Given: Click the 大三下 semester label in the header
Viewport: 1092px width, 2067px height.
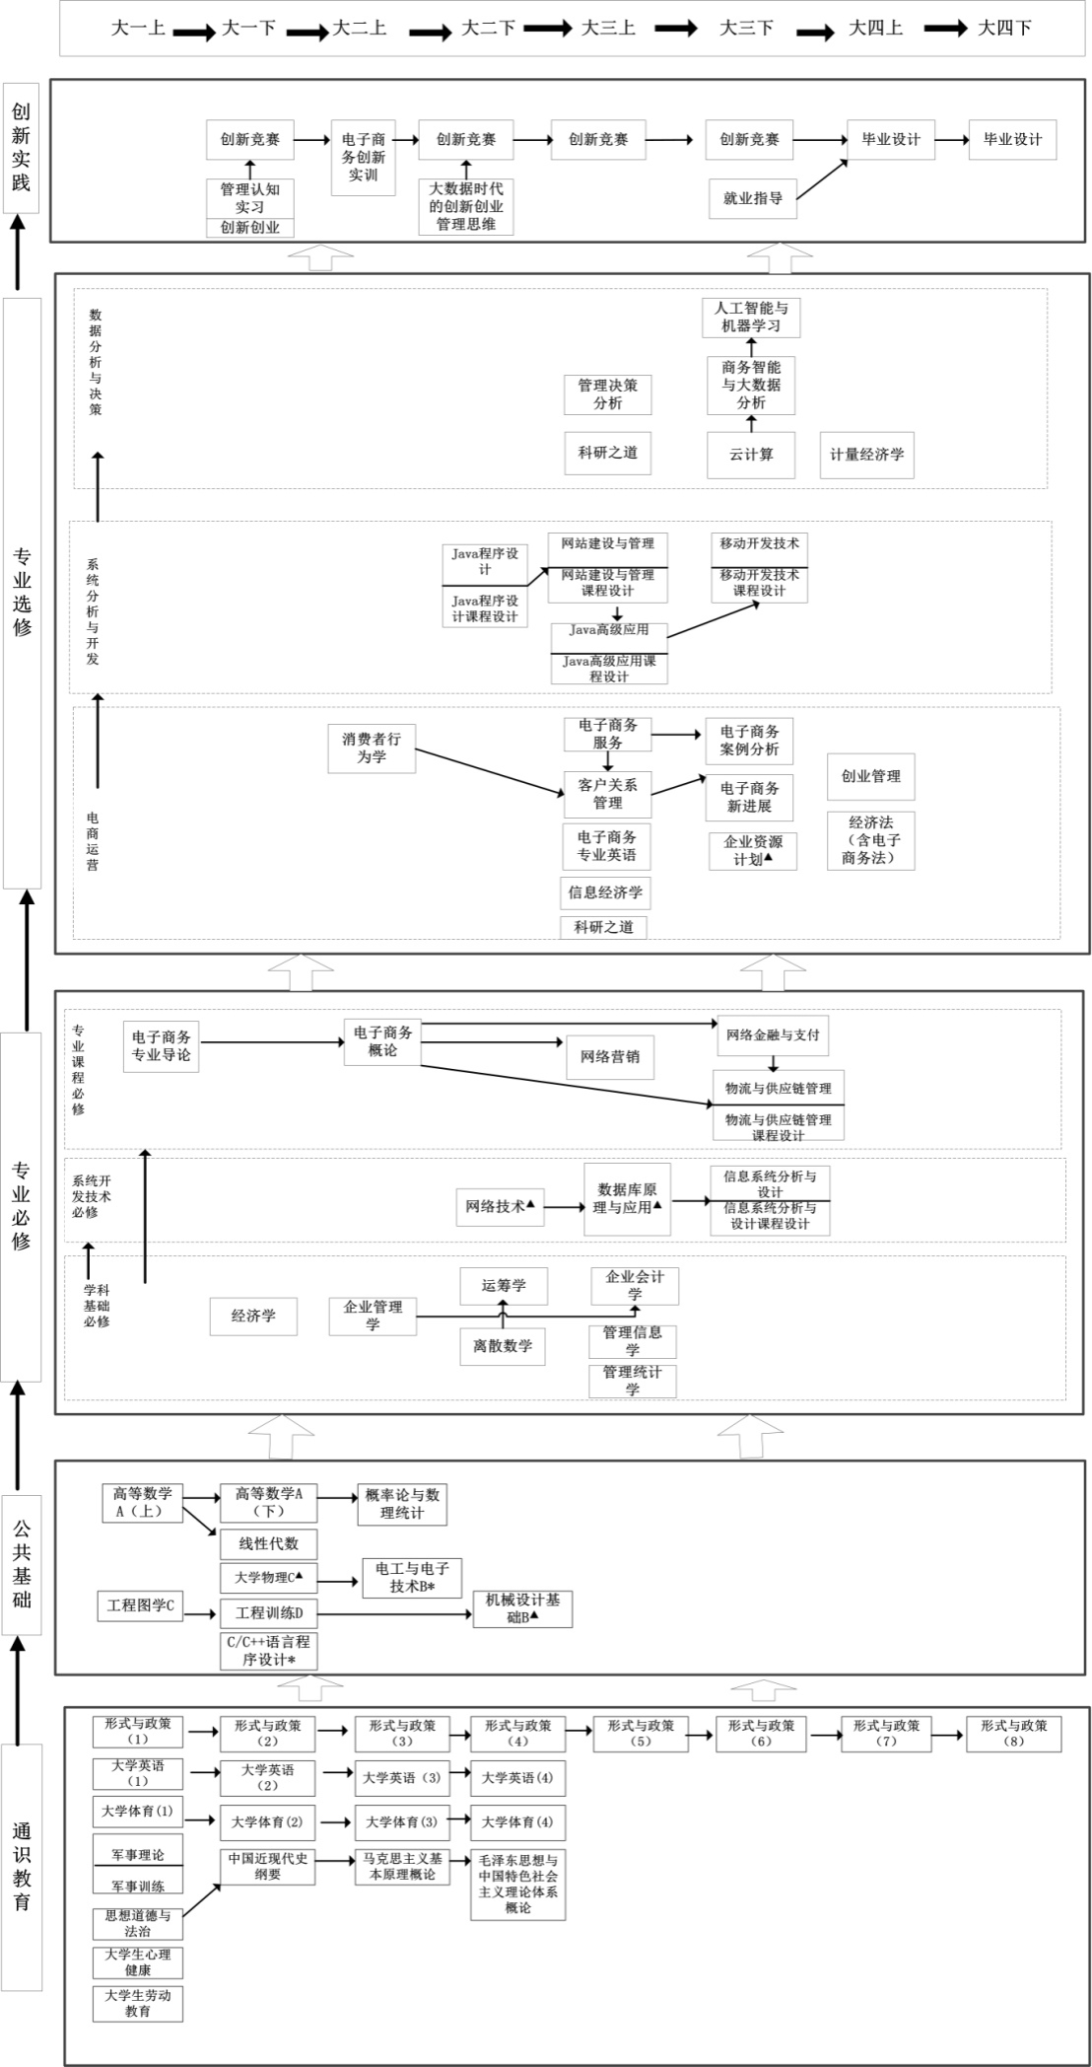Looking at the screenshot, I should point(746,28).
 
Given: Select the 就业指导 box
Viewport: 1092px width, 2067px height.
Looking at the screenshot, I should point(753,198).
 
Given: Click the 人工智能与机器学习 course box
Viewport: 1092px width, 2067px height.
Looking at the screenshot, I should point(751,317).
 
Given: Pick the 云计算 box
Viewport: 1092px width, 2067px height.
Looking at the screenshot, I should point(751,455).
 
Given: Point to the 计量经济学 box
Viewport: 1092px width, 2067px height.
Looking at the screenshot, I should point(867,455).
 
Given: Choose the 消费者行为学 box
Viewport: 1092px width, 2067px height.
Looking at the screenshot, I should point(372,748).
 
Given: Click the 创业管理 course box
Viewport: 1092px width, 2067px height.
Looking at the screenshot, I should point(871,776).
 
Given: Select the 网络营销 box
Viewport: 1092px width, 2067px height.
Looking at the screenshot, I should point(610,1057).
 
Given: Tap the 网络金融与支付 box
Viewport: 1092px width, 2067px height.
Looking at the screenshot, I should point(773,1035).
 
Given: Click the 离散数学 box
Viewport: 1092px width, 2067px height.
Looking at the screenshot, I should point(503,1346).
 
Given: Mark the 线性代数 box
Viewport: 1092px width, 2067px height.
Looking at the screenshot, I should point(268,1544).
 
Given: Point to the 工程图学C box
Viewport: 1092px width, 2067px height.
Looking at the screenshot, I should point(140,1606).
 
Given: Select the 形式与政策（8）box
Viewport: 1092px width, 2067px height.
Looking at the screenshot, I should point(1013,1733).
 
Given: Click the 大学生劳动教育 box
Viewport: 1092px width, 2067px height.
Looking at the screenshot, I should point(138,2002).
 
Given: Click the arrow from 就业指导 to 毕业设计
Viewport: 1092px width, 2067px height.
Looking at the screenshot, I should point(822,178).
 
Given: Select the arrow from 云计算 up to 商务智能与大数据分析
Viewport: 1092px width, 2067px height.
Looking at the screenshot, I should point(751,424).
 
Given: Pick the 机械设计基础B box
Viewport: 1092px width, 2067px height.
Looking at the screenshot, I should point(522,1608).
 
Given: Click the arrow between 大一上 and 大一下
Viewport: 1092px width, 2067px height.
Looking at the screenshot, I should point(194,33).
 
